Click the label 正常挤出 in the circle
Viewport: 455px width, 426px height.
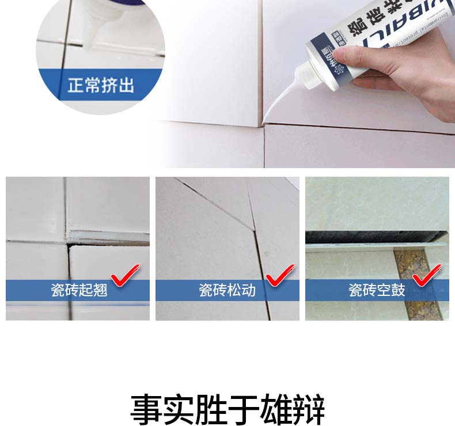101,86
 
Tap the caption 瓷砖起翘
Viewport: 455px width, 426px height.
79,290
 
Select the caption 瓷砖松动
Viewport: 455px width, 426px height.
227,290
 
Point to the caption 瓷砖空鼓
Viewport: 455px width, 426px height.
377,290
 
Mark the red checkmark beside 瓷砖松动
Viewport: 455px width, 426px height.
279,275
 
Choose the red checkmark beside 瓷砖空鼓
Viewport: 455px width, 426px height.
429,275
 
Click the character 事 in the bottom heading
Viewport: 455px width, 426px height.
146,409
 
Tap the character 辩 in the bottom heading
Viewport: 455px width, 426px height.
309,409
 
